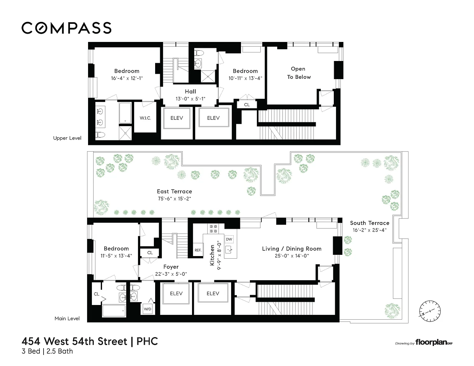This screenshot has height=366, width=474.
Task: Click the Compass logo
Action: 66,28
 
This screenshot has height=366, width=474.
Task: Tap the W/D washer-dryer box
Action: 148,309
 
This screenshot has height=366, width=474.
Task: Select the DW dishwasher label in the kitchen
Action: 229,239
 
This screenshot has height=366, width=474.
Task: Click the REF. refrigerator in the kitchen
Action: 198,250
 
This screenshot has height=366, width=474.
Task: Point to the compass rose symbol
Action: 430,311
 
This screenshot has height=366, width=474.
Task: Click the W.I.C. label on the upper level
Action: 145,118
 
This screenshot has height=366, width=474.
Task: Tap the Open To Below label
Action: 299,73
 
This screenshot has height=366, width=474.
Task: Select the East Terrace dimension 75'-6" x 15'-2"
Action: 174,199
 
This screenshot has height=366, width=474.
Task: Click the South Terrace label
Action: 369,223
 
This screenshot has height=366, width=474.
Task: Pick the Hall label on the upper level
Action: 190,91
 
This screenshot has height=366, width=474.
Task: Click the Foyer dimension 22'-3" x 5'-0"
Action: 171,274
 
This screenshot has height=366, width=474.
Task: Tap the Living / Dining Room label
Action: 292,249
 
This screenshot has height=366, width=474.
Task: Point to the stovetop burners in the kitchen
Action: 213,229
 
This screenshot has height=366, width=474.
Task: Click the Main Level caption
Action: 67,318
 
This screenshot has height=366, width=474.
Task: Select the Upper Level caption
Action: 67,138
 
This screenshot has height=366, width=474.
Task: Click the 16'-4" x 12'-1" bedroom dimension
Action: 127,78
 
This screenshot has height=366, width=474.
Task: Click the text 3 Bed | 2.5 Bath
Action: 47,351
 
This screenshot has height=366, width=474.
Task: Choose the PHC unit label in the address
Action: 147,341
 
